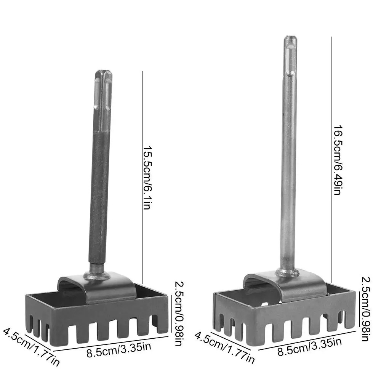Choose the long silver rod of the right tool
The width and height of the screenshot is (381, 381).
point(288,171)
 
